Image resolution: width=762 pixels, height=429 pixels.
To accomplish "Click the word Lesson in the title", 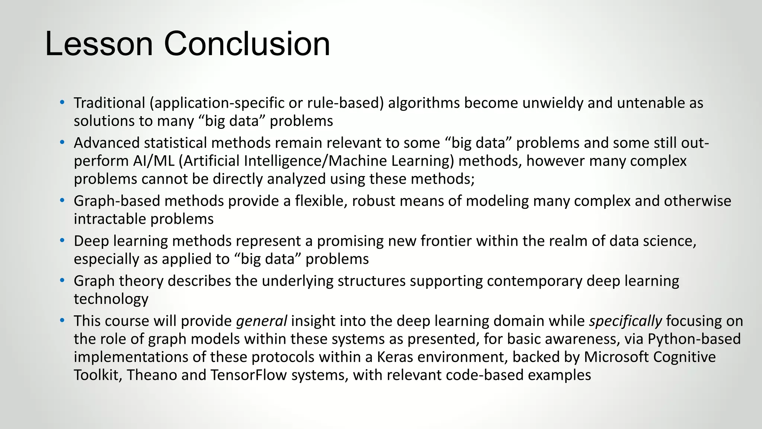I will (x=99, y=44).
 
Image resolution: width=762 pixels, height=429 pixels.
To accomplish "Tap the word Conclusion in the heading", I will (x=247, y=44).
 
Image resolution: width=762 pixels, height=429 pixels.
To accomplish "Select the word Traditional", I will (x=109, y=103).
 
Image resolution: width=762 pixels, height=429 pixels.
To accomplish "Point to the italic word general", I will (x=261, y=321).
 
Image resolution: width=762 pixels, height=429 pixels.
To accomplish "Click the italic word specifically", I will (x=625, y=321).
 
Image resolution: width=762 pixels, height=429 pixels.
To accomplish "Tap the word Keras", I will (x=395, y=357).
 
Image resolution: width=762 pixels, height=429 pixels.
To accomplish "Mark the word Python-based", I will (x=694, y=339).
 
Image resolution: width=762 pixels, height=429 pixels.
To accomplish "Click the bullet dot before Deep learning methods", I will (x=62, y=241).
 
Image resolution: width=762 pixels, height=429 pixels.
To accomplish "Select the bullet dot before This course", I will (x=62, y=321).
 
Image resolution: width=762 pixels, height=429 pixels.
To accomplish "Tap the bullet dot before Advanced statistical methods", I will (x=62, y=143).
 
